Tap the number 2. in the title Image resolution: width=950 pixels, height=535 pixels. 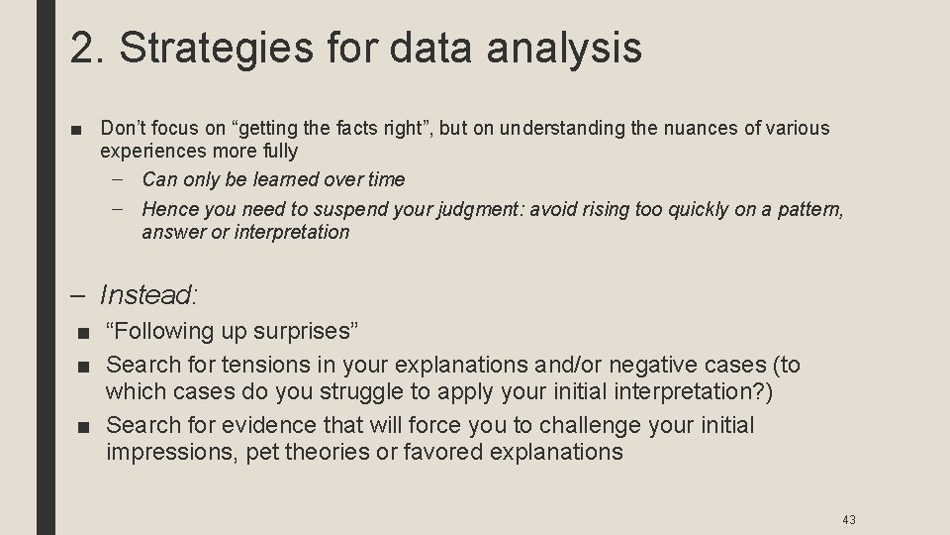tap(87, 48)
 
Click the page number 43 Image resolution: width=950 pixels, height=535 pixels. tap(849, 519)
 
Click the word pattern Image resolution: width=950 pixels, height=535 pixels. tap(808, 209)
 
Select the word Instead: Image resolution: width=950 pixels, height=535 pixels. tap(148, 294)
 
